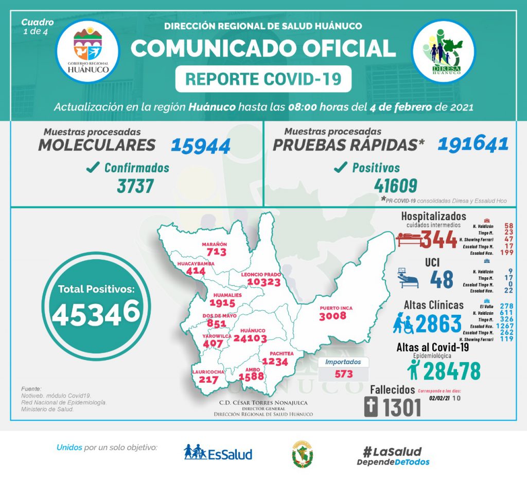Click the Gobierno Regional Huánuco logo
[87, 51]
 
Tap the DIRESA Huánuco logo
[444, 51]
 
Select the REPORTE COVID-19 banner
[263, 79]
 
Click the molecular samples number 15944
[200, 146]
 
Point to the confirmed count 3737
[135, 185]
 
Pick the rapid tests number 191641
[473, 145]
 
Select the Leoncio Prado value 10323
[263, 282]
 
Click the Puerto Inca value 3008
[332, 315]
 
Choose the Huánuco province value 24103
[250, 338]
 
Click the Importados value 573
[343, 373]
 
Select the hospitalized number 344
[439, 239]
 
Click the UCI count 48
[441, 279]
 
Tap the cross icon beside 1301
[371, 407]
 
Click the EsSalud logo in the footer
[218, 453]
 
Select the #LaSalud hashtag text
[392, 452]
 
